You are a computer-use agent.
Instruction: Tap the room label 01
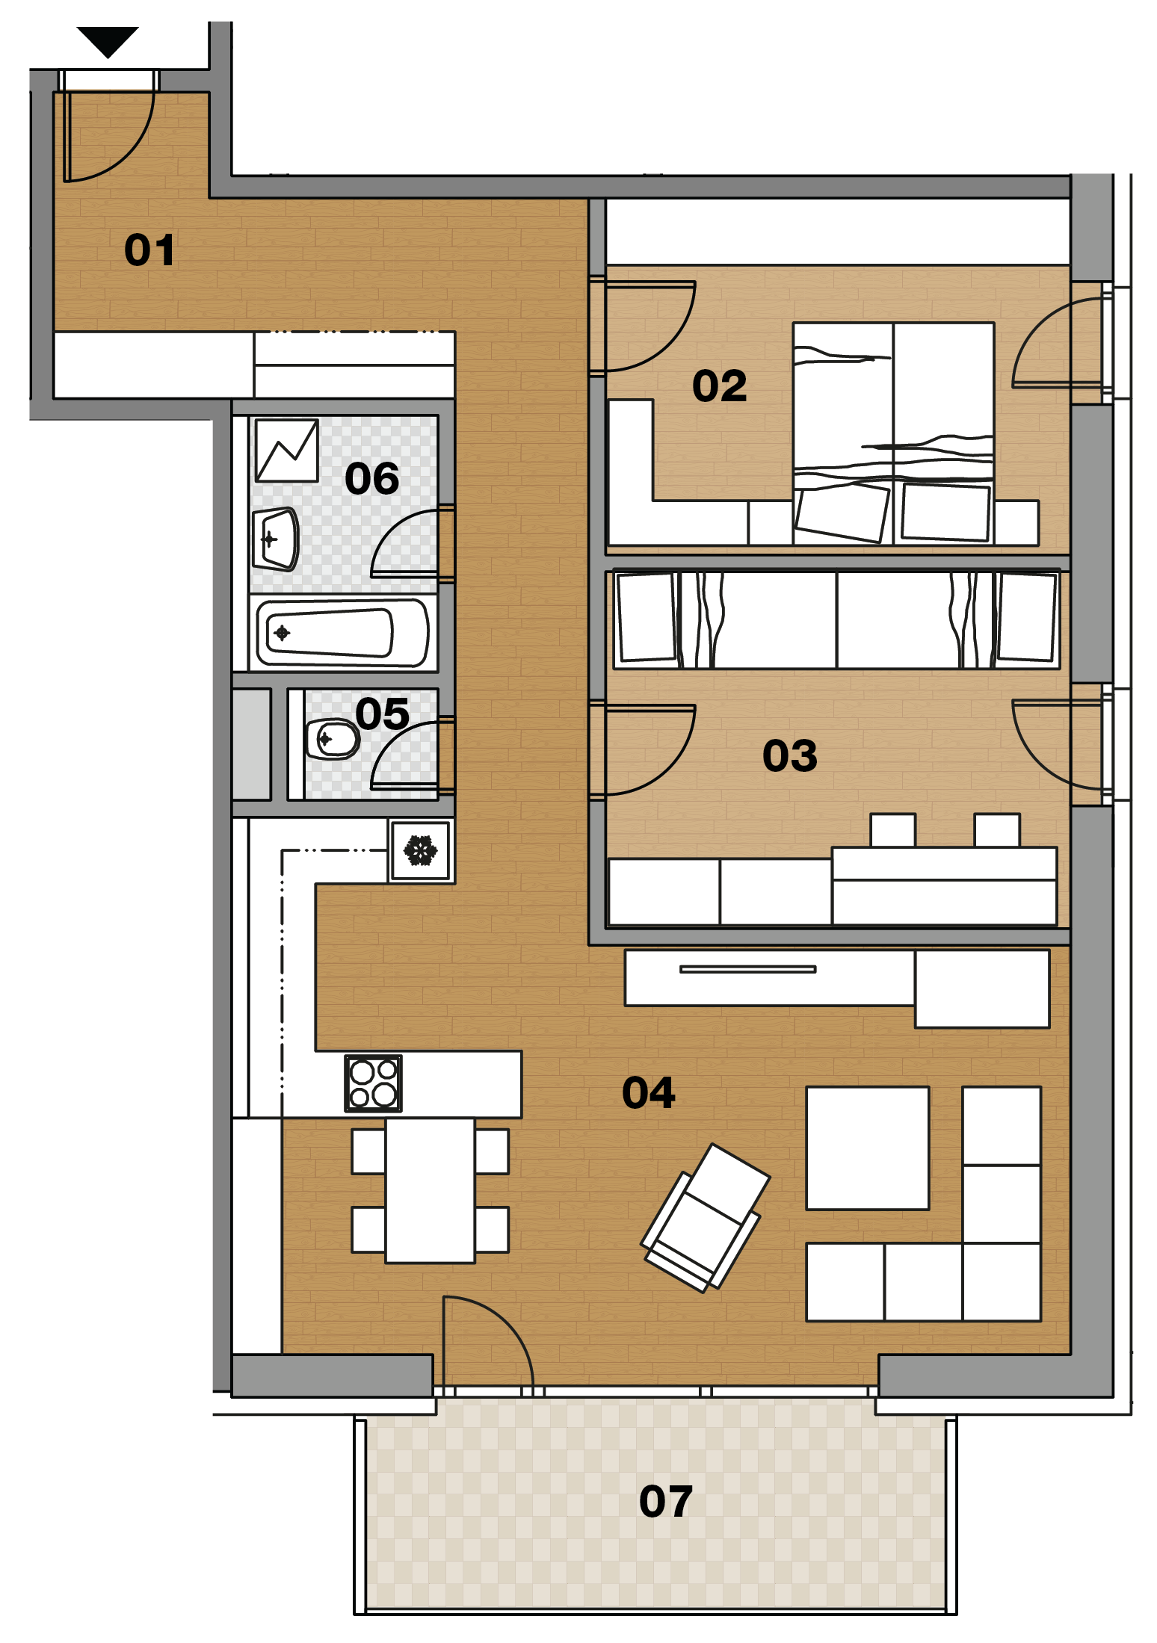[x=149, y=250]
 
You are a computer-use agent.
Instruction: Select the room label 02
[x=719, y=386]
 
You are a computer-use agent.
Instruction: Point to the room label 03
[x=789, y=755]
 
